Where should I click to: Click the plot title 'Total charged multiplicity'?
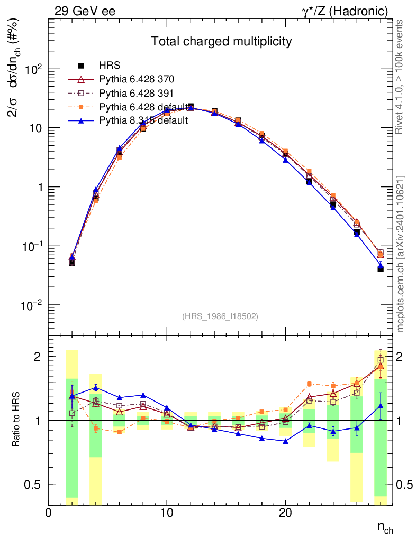221,41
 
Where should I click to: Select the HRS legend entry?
110,66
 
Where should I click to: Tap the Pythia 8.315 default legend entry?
143,120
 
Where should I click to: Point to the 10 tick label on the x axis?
167,513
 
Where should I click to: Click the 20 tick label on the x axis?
286,513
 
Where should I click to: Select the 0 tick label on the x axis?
48,513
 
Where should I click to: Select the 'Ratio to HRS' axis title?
17,421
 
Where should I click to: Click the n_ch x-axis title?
385,527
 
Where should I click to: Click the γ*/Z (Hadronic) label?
349,11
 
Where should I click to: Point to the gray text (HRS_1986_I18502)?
220,316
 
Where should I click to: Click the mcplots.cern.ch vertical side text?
401,253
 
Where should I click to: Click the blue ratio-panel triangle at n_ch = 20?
286,441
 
